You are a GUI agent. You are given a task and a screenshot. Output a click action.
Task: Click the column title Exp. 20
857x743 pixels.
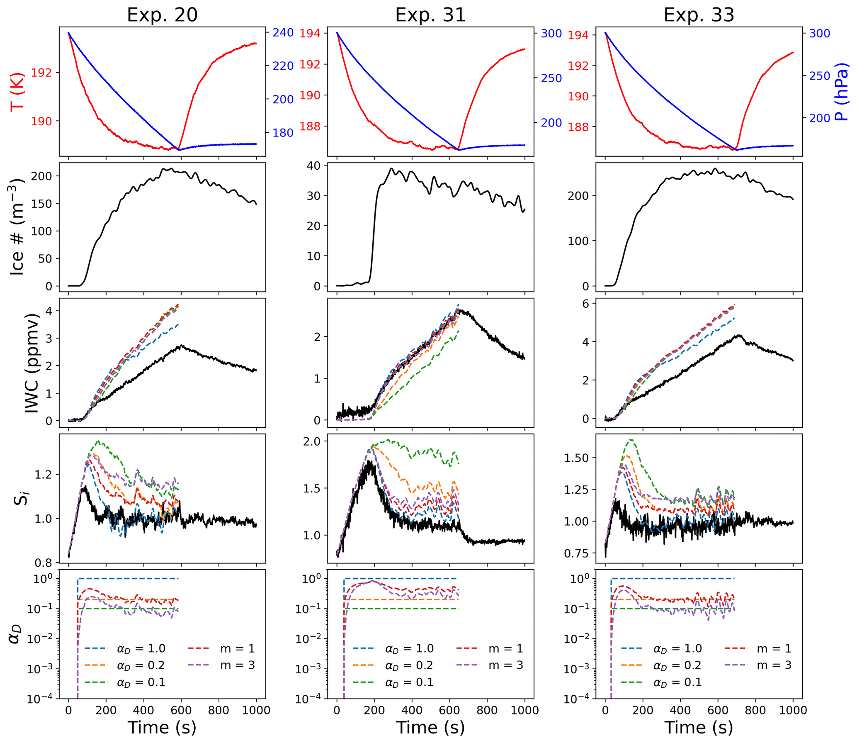162,15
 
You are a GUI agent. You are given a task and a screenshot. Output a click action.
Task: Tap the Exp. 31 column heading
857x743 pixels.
430,15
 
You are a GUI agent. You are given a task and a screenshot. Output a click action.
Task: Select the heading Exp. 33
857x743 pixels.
699,15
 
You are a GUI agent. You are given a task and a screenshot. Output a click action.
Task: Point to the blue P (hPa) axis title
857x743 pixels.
842,92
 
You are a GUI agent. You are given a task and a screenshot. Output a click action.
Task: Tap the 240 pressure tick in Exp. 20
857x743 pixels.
283,33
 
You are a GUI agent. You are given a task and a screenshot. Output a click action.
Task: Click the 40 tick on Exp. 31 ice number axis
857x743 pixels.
314,166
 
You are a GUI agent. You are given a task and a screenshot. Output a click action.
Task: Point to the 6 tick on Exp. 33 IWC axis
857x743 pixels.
586,304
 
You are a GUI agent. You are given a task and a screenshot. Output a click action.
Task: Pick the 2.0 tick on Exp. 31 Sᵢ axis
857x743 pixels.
312,441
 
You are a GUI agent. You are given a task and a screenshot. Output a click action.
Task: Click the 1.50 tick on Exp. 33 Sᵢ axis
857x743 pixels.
576,458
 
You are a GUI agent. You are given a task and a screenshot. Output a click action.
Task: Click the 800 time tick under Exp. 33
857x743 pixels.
755,710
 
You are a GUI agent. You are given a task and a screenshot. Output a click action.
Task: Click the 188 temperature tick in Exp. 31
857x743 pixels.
310,127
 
